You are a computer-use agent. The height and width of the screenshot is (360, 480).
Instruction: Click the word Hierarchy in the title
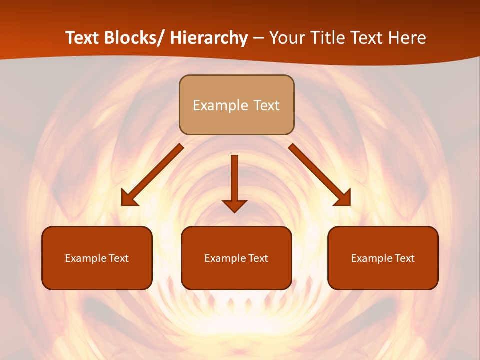[x=209, y=38]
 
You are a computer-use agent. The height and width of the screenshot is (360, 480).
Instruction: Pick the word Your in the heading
[x=287, y=38]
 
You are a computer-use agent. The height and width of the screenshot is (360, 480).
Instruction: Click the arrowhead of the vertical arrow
[x=235, y=205]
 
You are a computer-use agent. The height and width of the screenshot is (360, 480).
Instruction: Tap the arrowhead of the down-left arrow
[x=128, y=199]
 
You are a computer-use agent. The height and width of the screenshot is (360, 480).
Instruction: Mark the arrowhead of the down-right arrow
[x=344, y=199]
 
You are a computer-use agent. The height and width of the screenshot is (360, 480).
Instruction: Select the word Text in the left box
[x=119, y=258]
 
